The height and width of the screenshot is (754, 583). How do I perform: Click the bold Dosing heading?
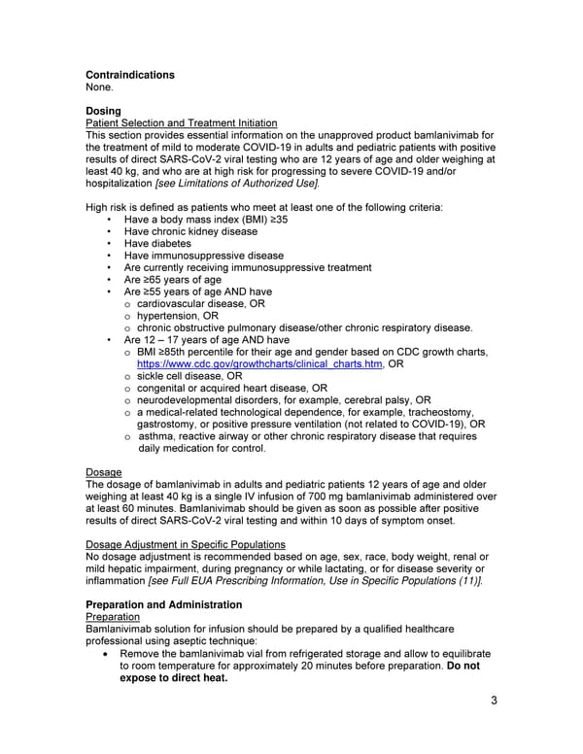[104, 111]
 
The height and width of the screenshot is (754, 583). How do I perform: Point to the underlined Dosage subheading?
[104, 472]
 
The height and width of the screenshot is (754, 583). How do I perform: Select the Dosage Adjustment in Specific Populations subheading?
[186, 544]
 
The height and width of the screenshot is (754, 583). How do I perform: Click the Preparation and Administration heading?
[163, 604]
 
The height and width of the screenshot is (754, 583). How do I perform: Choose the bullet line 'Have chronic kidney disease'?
[190, 231]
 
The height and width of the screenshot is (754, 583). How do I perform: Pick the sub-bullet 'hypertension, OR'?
[177, 316]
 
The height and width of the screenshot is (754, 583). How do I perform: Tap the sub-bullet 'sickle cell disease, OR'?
[189, 376]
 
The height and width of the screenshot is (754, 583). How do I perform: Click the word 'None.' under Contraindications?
[101, 86]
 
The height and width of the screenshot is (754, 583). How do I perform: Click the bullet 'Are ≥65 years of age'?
[172, 280]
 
